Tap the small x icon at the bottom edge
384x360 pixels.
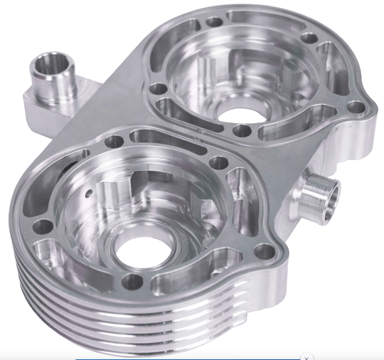click(x=306, y=356)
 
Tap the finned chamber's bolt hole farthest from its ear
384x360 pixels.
click(x=43, y=226)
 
